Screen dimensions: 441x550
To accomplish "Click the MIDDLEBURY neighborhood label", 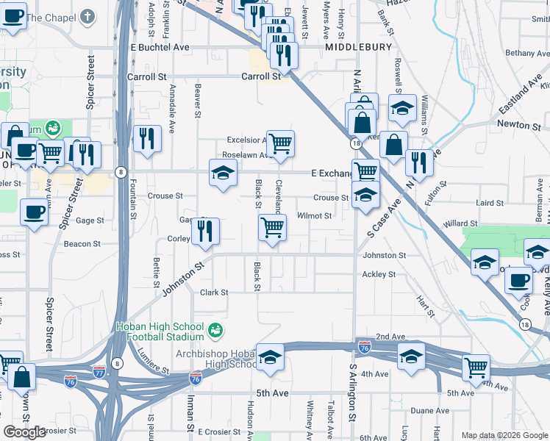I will (x=359, y=47).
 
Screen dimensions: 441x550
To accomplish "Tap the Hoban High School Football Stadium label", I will (x=159, y=331).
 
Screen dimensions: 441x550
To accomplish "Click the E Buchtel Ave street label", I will (x=160, y=47).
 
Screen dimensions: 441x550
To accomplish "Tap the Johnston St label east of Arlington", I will (x=384, y=256).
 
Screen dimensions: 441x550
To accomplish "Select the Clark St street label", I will (x=214, y=293).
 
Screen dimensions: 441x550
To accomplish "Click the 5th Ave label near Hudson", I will (x=273, y=394).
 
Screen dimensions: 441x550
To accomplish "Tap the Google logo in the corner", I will (x=25, y=432).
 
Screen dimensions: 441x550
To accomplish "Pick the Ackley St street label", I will (x=379, y=275).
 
